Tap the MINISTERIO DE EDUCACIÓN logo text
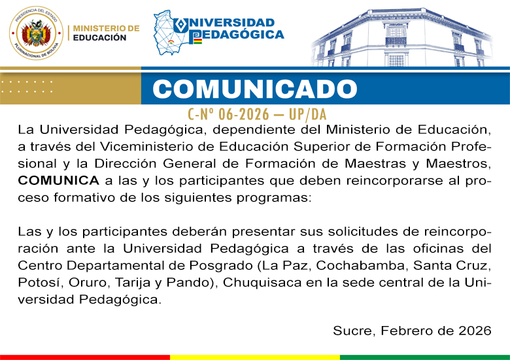point(106,33)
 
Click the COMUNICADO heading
point(256,89)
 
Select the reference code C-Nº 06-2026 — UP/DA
point(256,114)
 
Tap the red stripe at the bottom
point(85,357)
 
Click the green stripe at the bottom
point(425,357)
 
